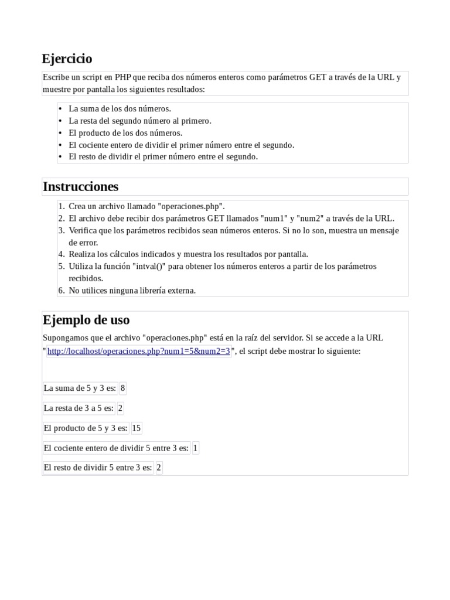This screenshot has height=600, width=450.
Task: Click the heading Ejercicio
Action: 67,59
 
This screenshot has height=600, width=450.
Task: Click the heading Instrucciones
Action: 80,186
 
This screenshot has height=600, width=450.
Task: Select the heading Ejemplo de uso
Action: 86,320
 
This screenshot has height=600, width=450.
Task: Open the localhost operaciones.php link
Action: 138,351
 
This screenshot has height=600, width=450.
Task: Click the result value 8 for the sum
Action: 122,388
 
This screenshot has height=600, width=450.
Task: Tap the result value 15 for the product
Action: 137,428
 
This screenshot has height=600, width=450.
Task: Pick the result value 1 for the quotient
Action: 195,448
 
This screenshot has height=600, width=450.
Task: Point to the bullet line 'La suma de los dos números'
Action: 120,108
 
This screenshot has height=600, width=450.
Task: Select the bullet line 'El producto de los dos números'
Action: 125,132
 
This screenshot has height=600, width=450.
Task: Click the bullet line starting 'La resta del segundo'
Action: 139,121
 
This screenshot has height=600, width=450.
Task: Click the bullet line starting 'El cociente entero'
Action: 181,145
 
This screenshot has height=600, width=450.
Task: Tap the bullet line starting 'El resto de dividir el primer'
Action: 163,156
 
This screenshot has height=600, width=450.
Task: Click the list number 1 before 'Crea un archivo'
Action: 61,206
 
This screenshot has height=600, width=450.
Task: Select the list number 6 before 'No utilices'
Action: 61,290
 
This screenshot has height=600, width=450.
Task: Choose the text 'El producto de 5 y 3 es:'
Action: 86,428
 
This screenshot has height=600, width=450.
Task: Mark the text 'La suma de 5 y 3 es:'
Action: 80,388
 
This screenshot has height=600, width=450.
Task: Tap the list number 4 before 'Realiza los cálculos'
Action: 61,254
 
